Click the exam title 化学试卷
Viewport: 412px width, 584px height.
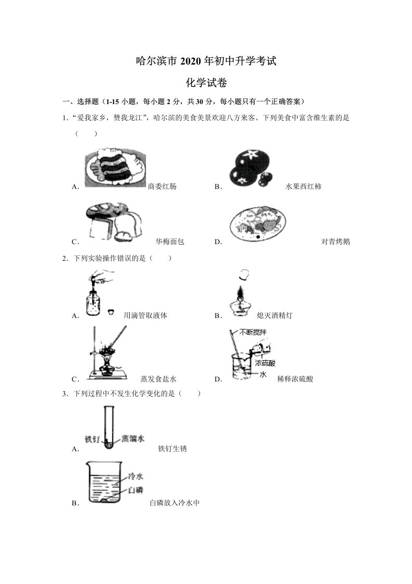coord(205,82)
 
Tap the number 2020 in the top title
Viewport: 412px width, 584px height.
coord(191,61)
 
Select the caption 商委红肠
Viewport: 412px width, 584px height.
coord(162,186)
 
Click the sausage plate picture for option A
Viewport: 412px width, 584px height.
coord(115,167)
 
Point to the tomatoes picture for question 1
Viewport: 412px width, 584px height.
coord(251,168)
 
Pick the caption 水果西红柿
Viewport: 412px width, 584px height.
coord(303,186)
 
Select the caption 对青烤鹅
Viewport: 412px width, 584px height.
coord(336,242)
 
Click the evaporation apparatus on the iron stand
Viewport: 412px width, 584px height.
coord(108,352)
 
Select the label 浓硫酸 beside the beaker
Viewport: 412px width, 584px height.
coord(265,363)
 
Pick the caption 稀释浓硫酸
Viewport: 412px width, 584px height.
coord(296,379)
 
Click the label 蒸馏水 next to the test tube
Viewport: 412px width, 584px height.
coord(133,438)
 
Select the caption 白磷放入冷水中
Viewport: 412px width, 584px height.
coord(175,503)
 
